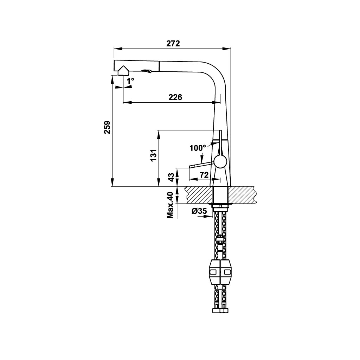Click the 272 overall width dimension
click(173, 44)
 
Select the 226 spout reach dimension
click(175, 97)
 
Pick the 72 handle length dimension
click(204, 174)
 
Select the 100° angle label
click(197, 148)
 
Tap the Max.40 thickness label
click(171, 205)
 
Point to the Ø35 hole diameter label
click(199, 211)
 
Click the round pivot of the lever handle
click(220, 162)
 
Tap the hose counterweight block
click(220, 272)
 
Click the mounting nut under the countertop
click(221, 206)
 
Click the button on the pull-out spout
click(147, 71)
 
